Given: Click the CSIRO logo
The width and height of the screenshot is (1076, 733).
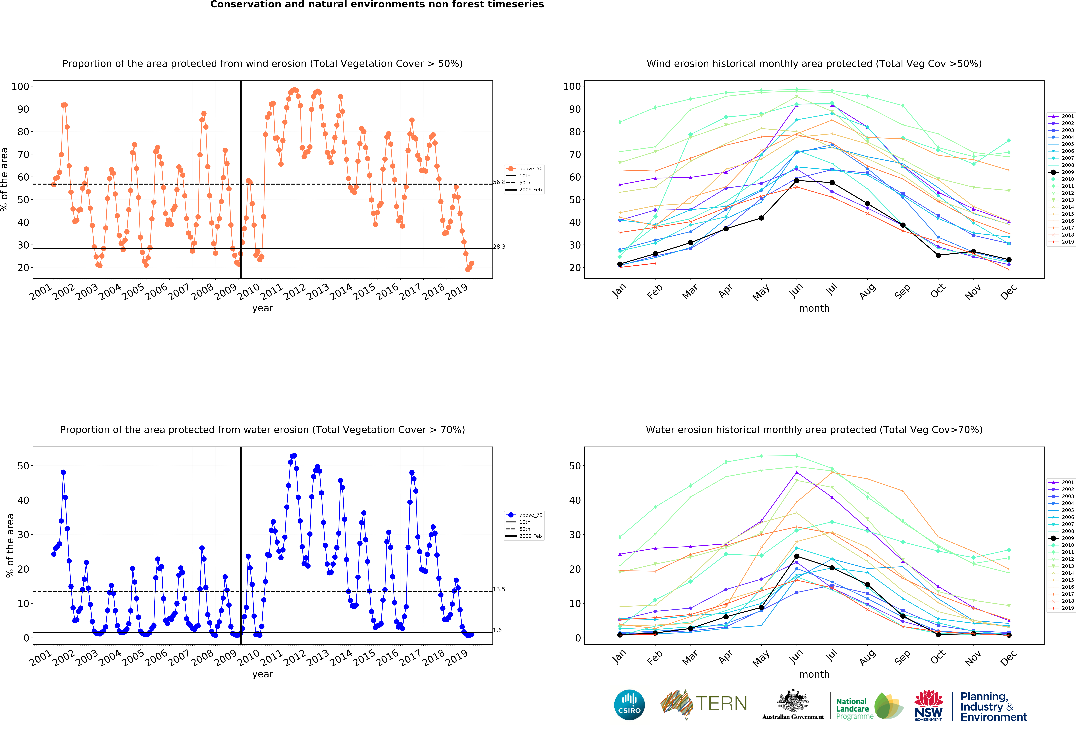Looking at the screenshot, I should [x=629, y=705].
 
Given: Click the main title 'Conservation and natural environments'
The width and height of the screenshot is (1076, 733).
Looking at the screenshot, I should [x=377, y=5].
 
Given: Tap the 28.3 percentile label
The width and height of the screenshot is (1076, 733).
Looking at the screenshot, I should [x=499, y=247].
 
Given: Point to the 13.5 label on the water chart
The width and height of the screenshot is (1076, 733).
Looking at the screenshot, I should [x=499, y=589].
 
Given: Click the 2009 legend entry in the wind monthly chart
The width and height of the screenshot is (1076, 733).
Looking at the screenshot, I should [x=1063, y=172].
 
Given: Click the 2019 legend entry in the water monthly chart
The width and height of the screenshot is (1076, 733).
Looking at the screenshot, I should [x=1063, y=608].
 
